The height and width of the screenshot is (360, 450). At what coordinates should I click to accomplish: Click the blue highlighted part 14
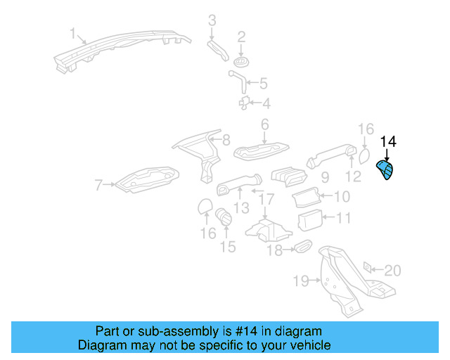coord(386,170)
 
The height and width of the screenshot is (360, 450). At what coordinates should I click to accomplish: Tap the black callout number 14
coord(388,142)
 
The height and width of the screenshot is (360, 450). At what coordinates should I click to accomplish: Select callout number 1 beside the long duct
coord(73,33)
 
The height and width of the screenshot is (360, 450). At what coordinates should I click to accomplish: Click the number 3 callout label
coord(212,20)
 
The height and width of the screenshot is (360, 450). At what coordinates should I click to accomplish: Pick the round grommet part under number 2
coord(240,62)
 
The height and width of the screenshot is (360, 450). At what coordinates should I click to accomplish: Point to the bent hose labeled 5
coord(238,82)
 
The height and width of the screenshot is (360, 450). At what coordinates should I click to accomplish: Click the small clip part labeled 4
coord(244,103)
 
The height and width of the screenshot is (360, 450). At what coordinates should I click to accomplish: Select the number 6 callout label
coord(265,124)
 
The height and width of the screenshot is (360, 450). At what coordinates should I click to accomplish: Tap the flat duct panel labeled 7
coord(147,180)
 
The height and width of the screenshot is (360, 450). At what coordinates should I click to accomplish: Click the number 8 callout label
coord(226,140)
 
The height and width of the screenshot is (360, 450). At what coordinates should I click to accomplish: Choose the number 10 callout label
coord(342,197)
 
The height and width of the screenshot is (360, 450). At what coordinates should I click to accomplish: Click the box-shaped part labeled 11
coord(310,220)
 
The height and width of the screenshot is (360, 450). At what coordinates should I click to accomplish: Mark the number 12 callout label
coord(353,176)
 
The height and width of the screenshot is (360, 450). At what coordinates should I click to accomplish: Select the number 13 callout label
coord(241,208)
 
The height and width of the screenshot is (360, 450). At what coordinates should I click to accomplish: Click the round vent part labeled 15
coord(224,217)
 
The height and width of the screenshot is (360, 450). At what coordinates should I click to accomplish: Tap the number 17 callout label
coord(266,199)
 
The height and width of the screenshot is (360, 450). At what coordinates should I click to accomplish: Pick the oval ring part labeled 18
coord(303,246)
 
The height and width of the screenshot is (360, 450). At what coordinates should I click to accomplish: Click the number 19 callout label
coord(301,281)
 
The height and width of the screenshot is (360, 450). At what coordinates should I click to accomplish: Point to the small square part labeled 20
coord(367,268)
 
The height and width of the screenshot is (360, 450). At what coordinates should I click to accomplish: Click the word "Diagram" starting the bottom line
coord(98,345)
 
